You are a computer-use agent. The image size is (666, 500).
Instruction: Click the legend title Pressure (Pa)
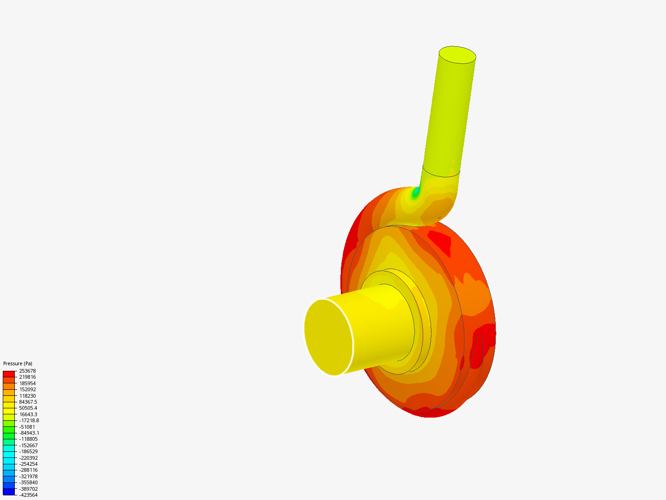(18, 363)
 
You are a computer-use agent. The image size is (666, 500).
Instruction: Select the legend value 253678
(27, 371)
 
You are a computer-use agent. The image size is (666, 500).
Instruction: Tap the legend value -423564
(28, 495)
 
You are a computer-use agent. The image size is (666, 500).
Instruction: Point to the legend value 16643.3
(28, 414)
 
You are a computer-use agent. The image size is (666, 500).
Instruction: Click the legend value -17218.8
(29, 420)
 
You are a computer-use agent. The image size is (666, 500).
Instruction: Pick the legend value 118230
(27, 396)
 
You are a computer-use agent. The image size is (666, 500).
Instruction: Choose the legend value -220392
(28, 458)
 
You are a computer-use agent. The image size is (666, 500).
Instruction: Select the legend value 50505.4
(28, 408)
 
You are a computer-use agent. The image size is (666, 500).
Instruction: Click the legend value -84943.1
(29, 433)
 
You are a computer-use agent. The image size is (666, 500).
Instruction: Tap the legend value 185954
(27, 383)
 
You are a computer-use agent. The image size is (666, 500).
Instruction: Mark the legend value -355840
(28, 482)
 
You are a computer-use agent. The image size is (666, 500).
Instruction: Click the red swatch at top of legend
(9, 374)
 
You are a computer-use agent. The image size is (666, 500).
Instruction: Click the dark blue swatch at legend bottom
(9, 492)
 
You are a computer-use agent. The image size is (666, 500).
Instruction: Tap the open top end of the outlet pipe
(457, 55)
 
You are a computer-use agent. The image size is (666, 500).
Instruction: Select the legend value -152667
(28, 445)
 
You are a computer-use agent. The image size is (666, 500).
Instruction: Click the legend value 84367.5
(28, 402)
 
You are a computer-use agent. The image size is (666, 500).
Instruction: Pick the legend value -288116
(28, 470)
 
